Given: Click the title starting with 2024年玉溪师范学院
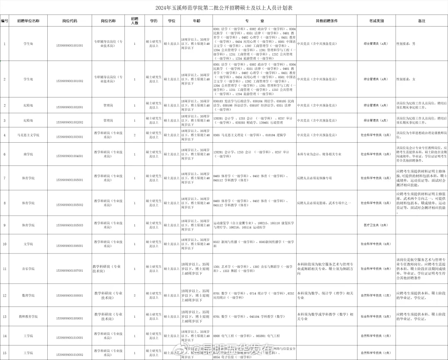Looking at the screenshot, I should click(224, 8).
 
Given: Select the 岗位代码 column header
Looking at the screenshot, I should click(69, 21).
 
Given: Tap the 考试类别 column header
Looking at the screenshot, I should click(376, 21).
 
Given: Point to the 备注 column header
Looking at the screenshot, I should click(421, 21).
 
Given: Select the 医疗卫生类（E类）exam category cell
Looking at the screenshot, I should click(376, 225).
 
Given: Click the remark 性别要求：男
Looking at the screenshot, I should click(406, 43).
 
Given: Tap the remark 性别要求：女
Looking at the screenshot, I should click(406, 79).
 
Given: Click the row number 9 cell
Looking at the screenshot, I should click(5, 225).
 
